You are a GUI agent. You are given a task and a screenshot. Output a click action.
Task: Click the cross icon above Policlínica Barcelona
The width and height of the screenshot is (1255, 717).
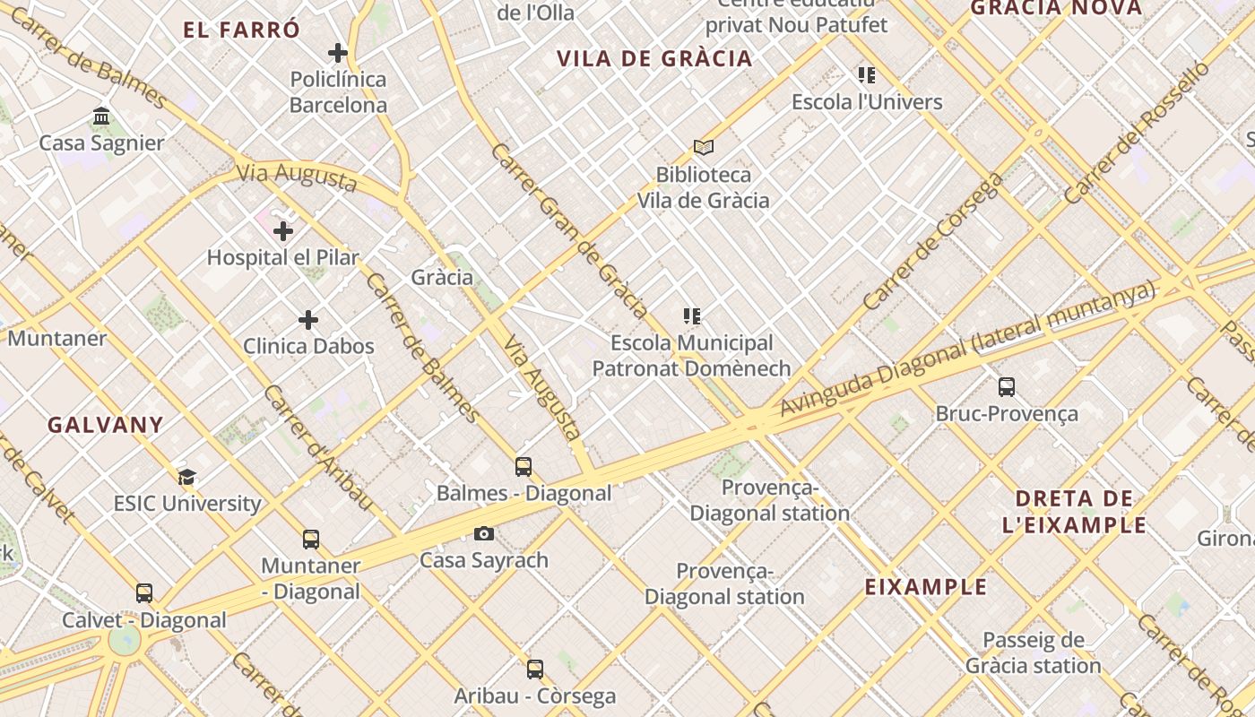(338, 54)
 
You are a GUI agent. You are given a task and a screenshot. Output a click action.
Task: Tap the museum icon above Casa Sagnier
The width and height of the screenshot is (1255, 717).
(101, 117)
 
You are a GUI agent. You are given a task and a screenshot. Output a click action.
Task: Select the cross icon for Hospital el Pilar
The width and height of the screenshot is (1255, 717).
(283, 231)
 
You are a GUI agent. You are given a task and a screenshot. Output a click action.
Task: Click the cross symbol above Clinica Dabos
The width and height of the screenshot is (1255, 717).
(308, 320)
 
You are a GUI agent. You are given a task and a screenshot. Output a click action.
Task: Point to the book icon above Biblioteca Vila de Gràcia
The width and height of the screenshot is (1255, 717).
(704, 147)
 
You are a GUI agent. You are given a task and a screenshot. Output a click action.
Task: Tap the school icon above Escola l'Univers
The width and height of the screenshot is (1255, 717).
(866, 75)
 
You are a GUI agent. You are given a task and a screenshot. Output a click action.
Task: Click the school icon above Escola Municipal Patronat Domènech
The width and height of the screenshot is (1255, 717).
(692, 316)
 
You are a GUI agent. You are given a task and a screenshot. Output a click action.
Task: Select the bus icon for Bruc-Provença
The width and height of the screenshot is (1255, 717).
(1007, 387)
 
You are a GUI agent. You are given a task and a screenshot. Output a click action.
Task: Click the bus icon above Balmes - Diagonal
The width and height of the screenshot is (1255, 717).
(524, 467)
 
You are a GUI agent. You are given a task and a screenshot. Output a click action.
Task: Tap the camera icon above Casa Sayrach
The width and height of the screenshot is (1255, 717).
(484, 534)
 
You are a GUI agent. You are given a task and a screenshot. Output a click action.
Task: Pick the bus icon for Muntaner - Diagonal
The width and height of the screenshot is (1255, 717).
(311, 540)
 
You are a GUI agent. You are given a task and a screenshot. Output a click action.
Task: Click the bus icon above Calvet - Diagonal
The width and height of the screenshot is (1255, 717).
(144, 593)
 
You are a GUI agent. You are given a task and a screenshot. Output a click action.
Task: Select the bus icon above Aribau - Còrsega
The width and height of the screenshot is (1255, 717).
(535, 669)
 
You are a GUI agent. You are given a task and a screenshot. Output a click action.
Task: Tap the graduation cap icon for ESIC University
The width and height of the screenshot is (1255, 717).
(186, 477)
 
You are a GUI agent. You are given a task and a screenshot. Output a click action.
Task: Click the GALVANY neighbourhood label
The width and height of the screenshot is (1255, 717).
(106, 425)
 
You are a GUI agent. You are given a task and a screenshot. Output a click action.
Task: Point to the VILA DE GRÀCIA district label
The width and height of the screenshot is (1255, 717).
(654, 59)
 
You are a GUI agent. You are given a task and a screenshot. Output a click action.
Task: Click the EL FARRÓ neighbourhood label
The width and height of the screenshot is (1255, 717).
(242, 30)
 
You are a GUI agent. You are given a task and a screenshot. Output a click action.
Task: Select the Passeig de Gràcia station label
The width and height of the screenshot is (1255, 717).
(1033, 652)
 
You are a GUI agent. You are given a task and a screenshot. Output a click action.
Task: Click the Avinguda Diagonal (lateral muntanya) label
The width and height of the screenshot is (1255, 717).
(966, 350)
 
